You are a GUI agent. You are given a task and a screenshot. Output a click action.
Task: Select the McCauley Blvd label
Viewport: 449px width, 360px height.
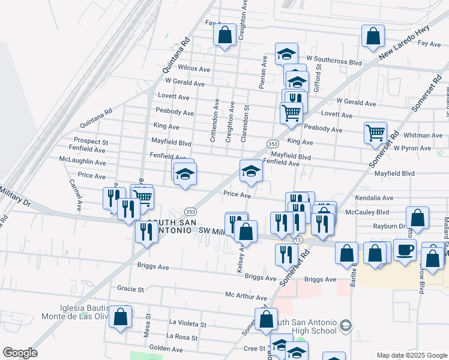[x=372, y=212]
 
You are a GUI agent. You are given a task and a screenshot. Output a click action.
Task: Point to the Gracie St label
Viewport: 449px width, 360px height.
[x=131, y=289]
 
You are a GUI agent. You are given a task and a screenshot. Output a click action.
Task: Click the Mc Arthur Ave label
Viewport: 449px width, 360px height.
[x=246, y=297]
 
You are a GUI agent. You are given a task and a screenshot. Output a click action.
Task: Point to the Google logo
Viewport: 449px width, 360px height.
[x=20, y=353]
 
